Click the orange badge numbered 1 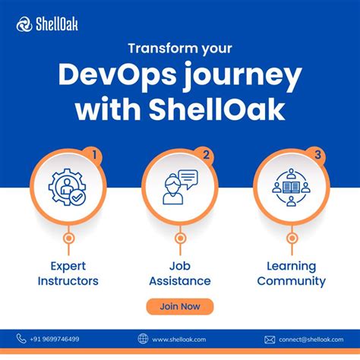click(94, 155)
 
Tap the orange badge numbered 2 click(206, 155)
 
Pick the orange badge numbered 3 click(317, 155)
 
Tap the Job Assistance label click(180, 273)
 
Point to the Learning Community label click(291, 273)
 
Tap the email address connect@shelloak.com click(309, 339)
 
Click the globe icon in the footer click(143, 339)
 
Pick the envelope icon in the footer click(270, 339)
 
